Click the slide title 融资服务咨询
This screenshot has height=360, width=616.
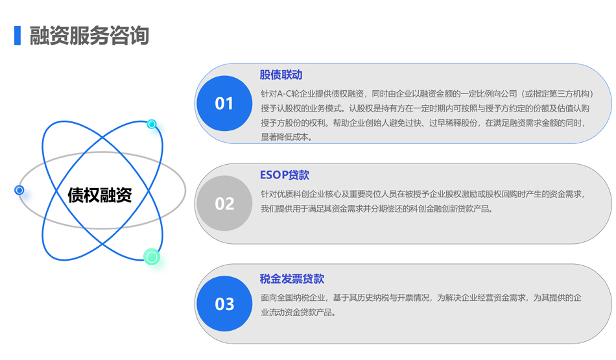point(89,36)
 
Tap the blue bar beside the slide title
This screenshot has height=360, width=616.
point(18,36)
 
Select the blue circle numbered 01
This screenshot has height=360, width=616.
point(224,103)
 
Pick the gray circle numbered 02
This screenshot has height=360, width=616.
point(224,203)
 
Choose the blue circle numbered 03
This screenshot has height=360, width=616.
point(224,304)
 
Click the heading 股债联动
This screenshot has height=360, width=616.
point(281,75)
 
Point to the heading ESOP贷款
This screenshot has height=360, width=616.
point(285,175)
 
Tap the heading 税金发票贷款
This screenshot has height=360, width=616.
point(292,279)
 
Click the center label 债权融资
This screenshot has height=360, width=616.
point(100,195)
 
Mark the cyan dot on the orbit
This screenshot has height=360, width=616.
point(152,124)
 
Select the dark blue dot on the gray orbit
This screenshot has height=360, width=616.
point(19,190)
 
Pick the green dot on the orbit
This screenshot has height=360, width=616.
point(152,257)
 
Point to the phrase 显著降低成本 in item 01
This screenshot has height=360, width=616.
point(285,137)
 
